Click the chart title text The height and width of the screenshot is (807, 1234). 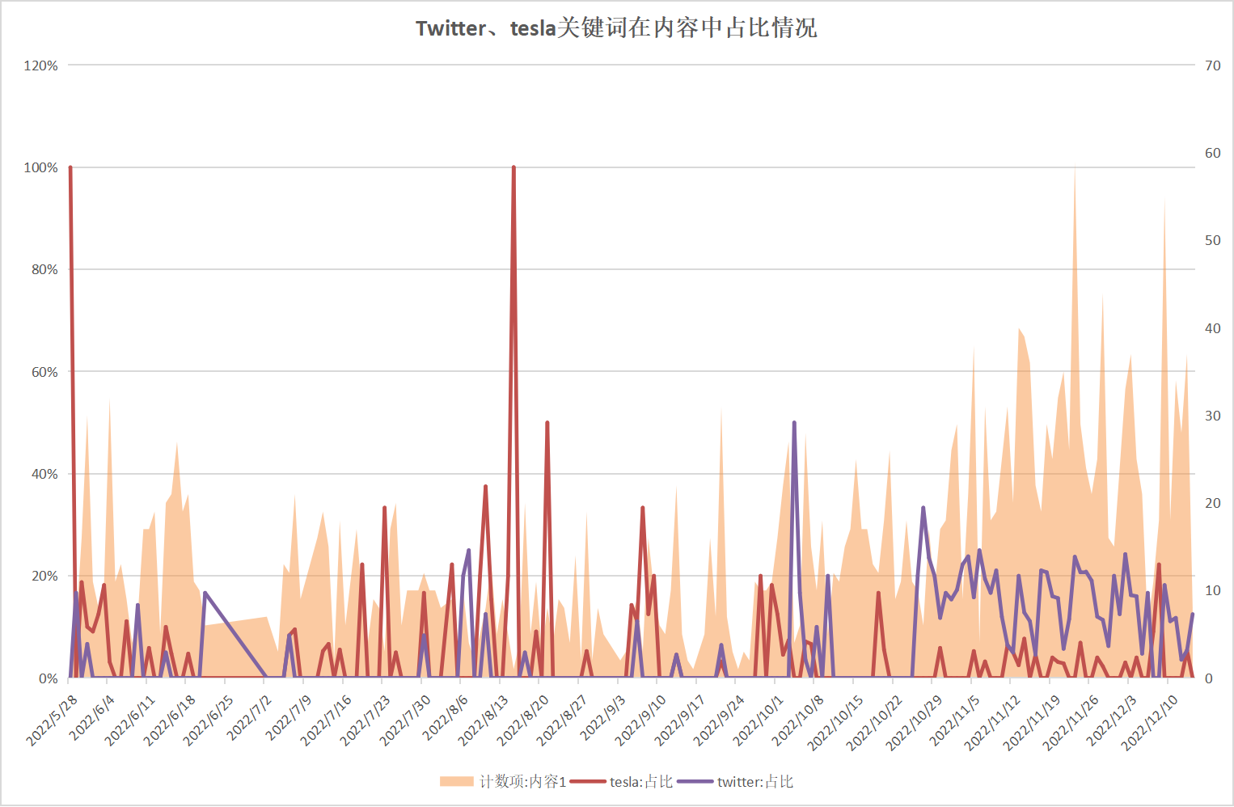616,28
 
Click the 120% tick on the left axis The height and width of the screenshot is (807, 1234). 41,65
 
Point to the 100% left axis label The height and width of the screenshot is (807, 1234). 41,167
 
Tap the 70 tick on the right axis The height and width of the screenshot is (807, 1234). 1212,65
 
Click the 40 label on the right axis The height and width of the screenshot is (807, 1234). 1212,328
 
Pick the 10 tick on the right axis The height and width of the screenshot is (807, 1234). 1212,590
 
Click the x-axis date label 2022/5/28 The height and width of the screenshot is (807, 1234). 53,719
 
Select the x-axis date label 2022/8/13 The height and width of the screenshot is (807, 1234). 484,719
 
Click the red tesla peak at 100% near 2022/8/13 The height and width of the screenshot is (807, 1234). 513,168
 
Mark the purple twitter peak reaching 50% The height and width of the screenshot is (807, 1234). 794,423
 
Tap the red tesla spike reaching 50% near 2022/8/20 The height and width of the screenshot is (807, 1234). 547,423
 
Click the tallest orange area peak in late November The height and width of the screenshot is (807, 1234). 1075,170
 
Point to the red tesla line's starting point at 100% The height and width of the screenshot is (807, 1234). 70,168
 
